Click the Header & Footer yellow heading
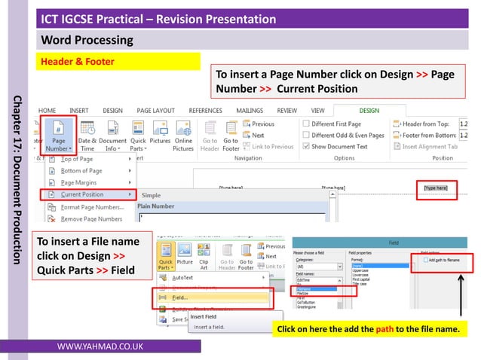[x=77, y=62]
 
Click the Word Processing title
[x=87, y=40]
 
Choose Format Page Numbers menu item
[x=92, y=206]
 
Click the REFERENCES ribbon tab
[x=205, y=110]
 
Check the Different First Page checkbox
[x=305, y=124]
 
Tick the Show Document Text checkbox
[x=305, y=146]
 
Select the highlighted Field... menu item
[x=180, y=297]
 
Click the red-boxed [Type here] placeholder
[x=435, y=187]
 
